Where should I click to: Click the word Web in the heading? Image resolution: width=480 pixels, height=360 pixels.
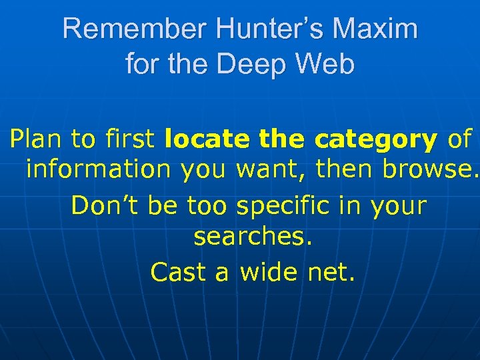(x=327, y=64)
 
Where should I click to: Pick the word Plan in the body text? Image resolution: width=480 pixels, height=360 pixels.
(x=36, y=139)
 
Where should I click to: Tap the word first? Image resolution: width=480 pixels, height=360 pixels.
(x=129, y=139)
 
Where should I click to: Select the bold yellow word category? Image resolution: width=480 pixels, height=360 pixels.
(x=376, y=140)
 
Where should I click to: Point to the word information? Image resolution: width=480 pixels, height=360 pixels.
(x=98, y=170)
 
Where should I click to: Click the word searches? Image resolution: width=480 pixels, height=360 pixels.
(x=253, y=237)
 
